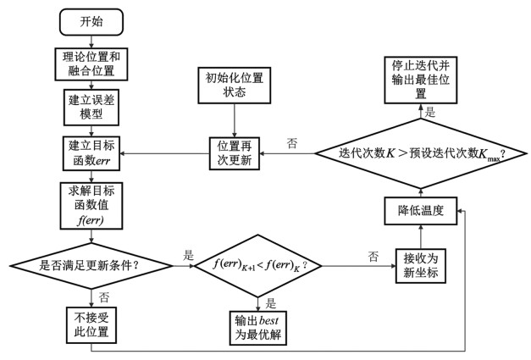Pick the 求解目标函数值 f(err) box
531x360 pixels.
[x=91, y=202]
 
